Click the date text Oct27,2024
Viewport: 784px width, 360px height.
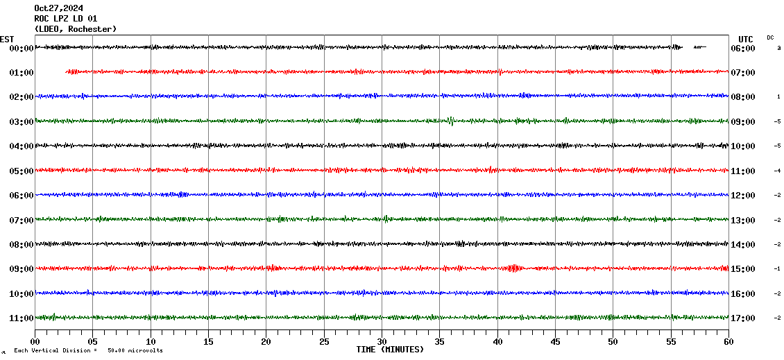point(58,8)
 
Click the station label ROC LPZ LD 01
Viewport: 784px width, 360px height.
point(66,19)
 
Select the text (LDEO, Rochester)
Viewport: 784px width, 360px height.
point(75,29)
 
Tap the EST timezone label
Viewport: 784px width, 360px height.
point(7,39)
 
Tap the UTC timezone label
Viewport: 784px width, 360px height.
point(745,39)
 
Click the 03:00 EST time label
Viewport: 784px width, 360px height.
point(21,122)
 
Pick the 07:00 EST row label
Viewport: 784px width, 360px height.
point(21,221)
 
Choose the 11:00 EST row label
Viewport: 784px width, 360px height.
point(21,318)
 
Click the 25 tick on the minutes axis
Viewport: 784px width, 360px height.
point(324,342)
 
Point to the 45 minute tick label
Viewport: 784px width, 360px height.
point(555,342)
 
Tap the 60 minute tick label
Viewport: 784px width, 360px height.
point(728,342)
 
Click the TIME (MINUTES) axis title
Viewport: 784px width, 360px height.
point(390,350)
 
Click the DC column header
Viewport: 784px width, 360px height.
point(770,37)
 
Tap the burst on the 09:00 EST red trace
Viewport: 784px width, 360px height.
point(514,268)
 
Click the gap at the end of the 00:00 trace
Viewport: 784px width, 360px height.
point(717,47)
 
